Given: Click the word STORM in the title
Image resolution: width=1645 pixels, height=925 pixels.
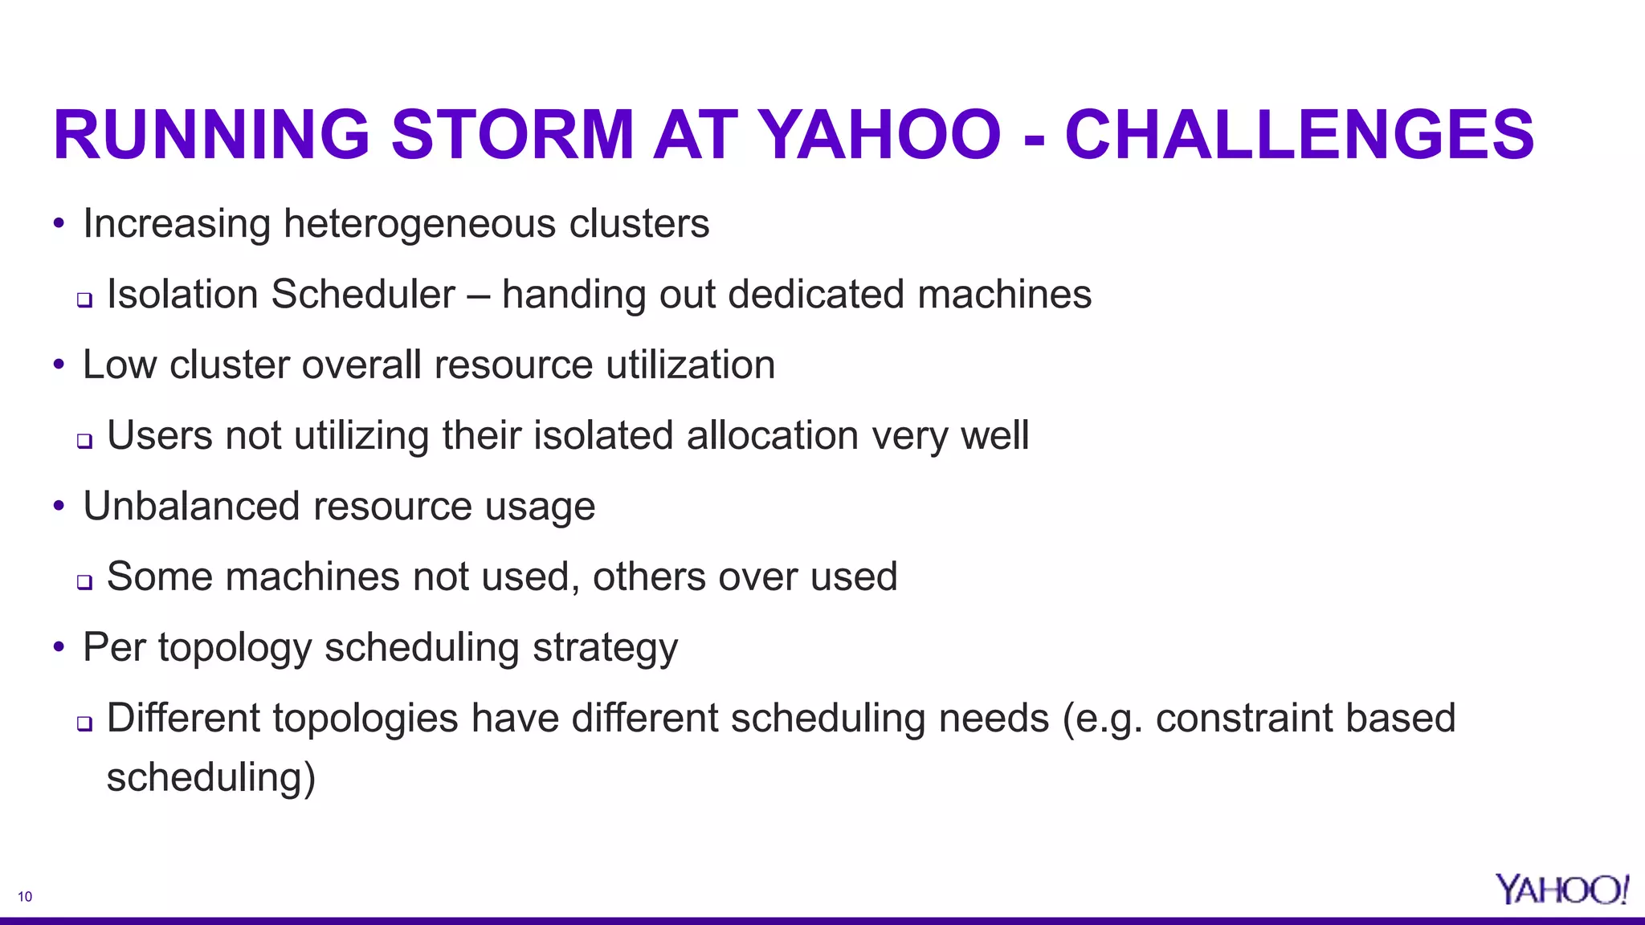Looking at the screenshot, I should pos(512,135).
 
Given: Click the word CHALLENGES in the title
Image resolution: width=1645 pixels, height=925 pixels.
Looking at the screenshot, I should pos(1299,135).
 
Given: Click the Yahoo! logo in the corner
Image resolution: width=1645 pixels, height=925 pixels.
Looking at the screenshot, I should pos(1561,890).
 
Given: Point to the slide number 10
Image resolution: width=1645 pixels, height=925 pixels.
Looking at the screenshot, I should pos(25,897).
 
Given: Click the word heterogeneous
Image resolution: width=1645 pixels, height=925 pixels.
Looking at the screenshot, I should pos(419,224).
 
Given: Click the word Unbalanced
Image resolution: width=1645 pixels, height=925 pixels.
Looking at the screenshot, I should pos(191,506).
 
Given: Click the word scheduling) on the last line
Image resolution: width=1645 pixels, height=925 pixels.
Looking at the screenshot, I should pos(210,777).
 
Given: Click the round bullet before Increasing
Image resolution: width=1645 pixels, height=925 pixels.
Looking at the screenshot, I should pos(59,224).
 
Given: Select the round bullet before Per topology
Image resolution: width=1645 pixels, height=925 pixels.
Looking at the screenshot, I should pos(59,647).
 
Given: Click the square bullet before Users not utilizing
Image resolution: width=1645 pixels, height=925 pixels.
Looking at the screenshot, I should pos(84,441).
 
